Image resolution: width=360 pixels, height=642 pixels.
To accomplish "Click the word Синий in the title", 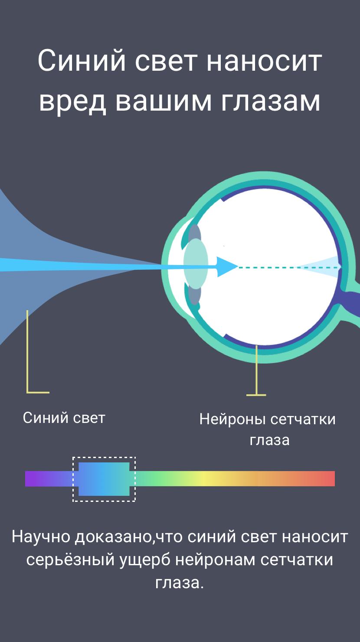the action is [82, 60].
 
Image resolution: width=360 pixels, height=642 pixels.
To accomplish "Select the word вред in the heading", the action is [73, 102].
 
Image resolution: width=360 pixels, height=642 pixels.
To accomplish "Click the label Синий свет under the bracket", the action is [64, 418].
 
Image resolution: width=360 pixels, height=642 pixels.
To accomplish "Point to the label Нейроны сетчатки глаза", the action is [268, 429].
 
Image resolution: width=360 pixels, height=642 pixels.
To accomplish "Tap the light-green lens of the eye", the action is [196, 264].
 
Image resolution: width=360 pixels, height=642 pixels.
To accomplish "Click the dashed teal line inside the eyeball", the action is [289, 267].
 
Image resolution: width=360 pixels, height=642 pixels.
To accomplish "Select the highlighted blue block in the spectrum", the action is [104, 479].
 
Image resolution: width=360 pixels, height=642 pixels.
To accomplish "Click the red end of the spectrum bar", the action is [327, 478].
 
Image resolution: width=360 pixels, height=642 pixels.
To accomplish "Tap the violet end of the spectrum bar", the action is [33, 478].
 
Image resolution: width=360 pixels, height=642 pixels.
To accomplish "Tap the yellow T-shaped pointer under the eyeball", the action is [256, 371].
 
